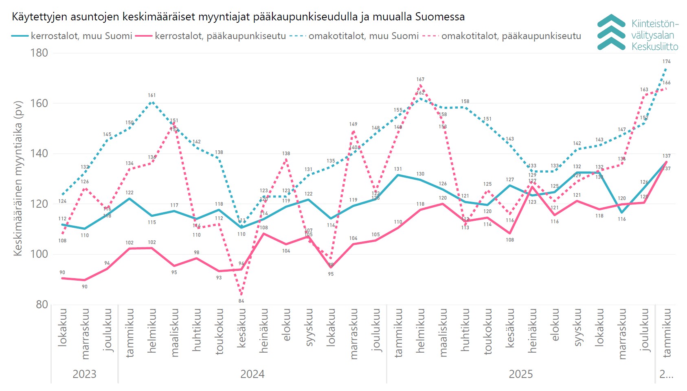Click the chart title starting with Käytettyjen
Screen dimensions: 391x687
pyautogui.click(x=238, y=17)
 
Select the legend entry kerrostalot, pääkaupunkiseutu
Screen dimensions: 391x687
pyautogui.click(x=220, y=36)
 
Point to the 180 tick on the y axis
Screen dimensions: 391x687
pyautogui.click(x=39, y=53)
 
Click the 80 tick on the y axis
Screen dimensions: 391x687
pyautogui.click(x=42, y=304)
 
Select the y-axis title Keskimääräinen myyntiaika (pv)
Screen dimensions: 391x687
pyautogui.click(x=18, y=178)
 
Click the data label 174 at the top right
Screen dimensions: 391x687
pyautogui.click(x=666, y=62)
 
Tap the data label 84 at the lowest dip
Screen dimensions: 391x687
pyautogui.click(x=241, y=301)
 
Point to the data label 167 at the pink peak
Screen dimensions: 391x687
pyautogui.click(x=420, y=79)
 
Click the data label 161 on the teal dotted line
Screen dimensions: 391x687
pyautogui.click(x=152, y=95)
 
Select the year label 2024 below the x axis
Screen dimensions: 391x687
pyautogui.click(x=252, y=374)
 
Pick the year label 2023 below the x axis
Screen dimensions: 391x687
pyautogui.click(x=84, y=374)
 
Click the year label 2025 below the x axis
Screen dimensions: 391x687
pyautogui.click(x=520, y=374)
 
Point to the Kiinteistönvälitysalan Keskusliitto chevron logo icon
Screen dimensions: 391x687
pyautogui.click(x=611, y=32)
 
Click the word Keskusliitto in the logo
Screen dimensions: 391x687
pyautogui.click(x=655, y=46)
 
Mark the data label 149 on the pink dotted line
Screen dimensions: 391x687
pyautogui.click(x=353, y=124)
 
